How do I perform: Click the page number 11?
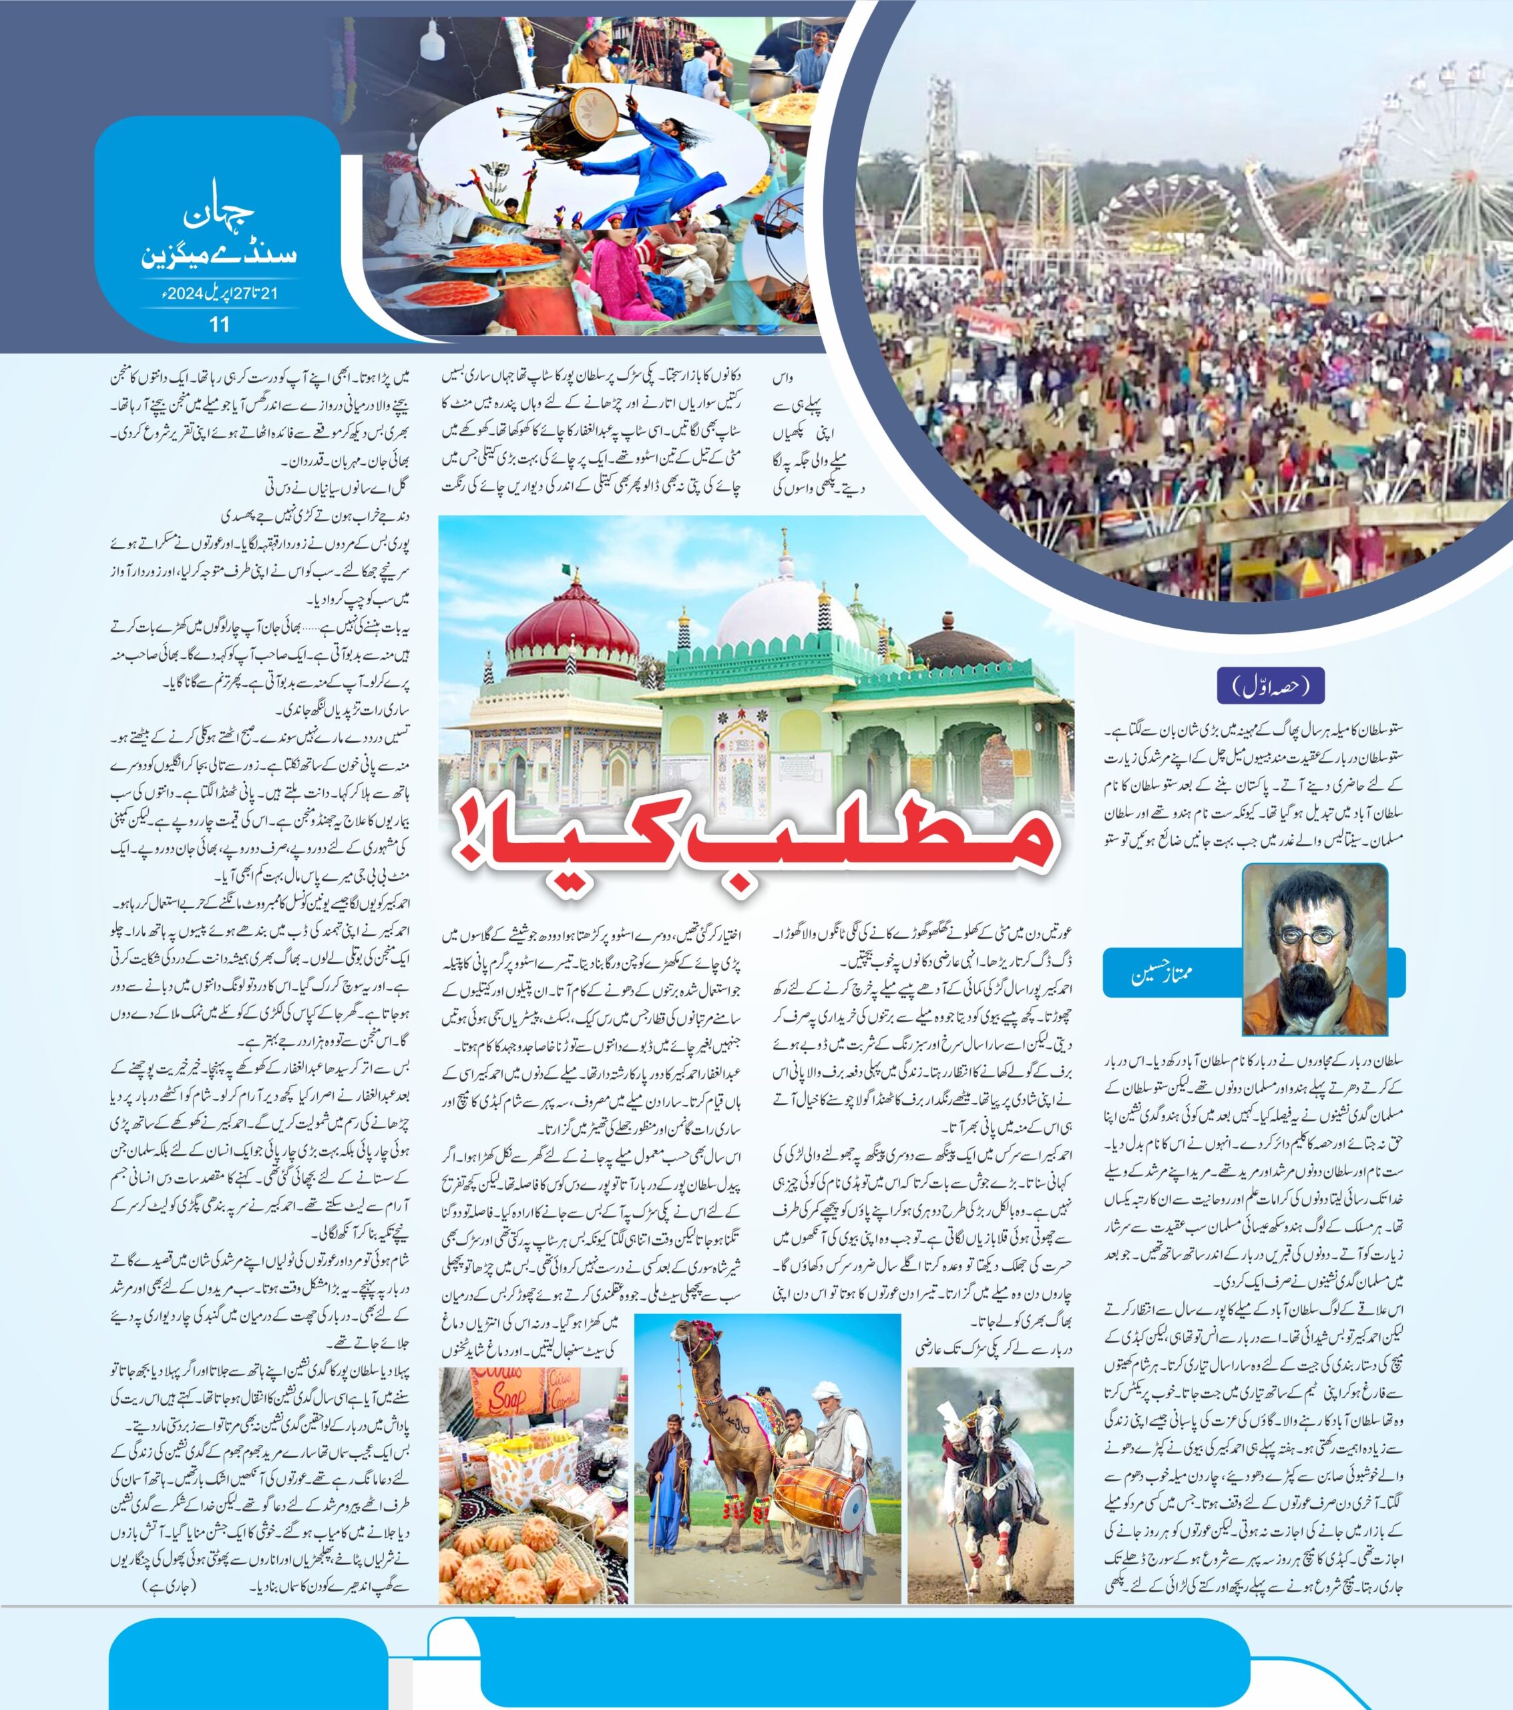(219, 325)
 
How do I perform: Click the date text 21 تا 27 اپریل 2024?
(219, 294)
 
